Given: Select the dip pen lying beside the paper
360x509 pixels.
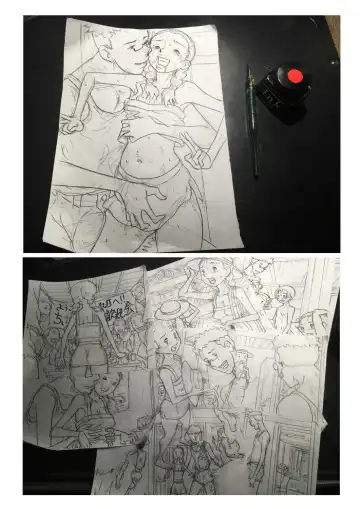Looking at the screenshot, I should coord(251,120).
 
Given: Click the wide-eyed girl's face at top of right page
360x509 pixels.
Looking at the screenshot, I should coord(212,275).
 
